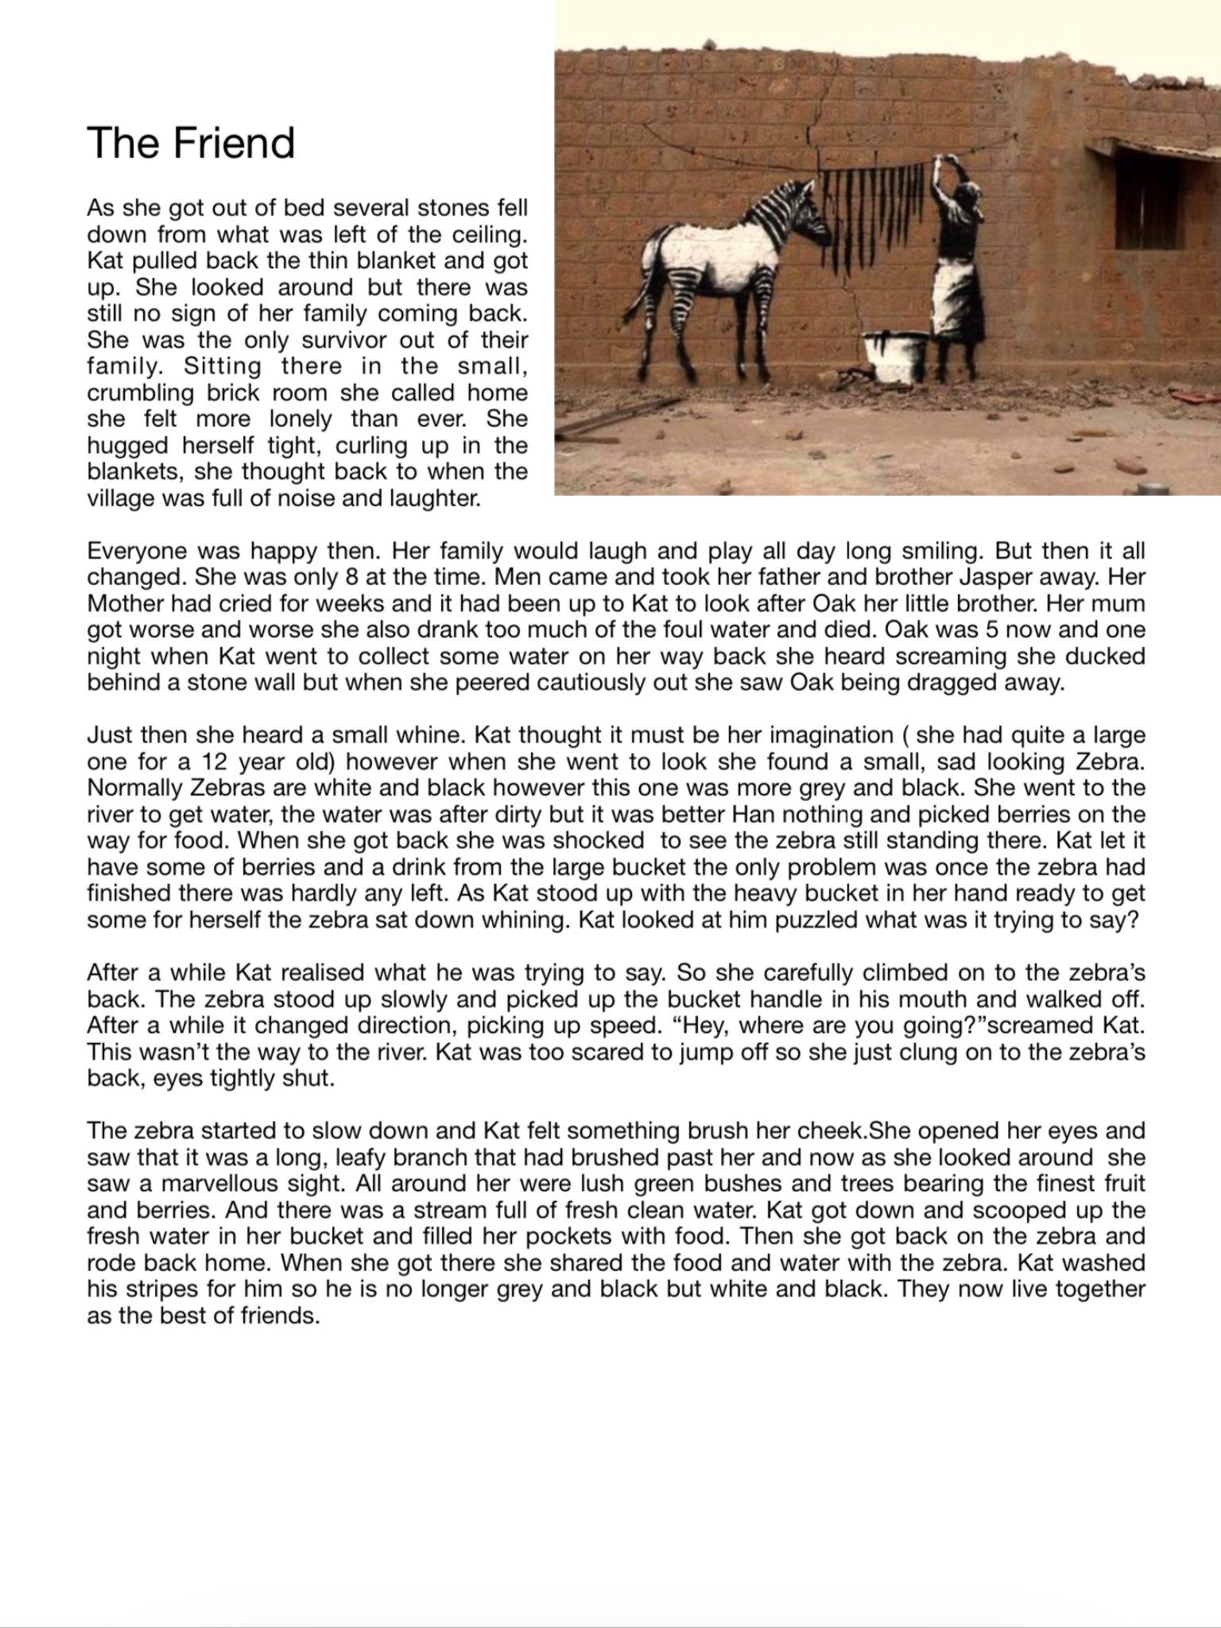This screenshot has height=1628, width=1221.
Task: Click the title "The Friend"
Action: [191, 143]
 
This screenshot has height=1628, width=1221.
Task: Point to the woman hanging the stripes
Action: [958, 262]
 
